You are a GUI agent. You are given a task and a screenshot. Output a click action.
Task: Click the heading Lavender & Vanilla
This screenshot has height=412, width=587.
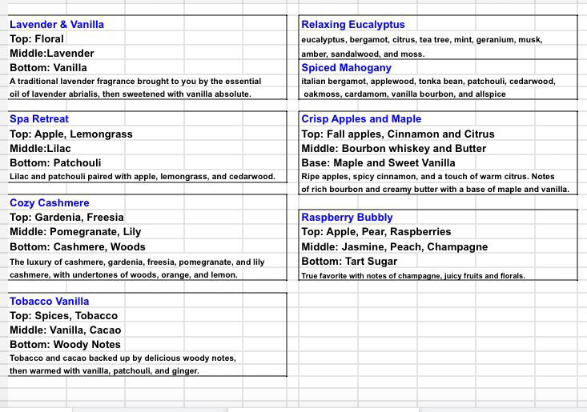click(57, 24)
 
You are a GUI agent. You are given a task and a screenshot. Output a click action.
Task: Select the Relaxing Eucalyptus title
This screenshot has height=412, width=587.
click(353, 25)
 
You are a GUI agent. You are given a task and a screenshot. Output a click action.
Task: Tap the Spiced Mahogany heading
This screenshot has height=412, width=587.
click(347, 68)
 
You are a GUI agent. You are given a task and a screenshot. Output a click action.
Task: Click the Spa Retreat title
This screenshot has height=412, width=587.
click(39, 119)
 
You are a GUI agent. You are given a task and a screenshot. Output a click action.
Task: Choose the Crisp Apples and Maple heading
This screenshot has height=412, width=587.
click(361, 119)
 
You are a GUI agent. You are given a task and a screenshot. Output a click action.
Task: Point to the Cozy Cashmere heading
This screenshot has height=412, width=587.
click(50, 203)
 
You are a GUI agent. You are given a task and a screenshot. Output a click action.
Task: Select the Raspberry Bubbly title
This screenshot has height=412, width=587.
click(347, 218)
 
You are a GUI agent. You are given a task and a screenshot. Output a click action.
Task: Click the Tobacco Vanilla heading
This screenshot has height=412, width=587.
click(50, 302)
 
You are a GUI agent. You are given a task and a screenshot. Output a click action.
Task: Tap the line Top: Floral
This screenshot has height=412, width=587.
click(36, 38)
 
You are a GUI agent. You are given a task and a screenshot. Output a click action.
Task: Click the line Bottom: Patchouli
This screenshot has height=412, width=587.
click(55, 162)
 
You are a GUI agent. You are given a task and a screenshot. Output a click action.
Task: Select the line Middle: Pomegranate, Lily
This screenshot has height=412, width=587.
click(75, 232)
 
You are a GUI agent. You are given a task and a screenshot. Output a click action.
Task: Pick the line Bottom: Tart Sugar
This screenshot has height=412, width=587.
click(349, 262)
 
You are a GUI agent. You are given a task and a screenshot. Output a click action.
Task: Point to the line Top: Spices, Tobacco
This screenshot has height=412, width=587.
click(63, 316)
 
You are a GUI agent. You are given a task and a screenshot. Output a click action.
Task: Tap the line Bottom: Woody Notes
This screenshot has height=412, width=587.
click(65, 345)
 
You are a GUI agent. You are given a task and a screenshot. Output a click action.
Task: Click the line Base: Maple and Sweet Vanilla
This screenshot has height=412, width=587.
click(378, 162)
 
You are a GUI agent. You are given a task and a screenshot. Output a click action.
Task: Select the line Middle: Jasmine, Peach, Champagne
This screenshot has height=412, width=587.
click(395, 247)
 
